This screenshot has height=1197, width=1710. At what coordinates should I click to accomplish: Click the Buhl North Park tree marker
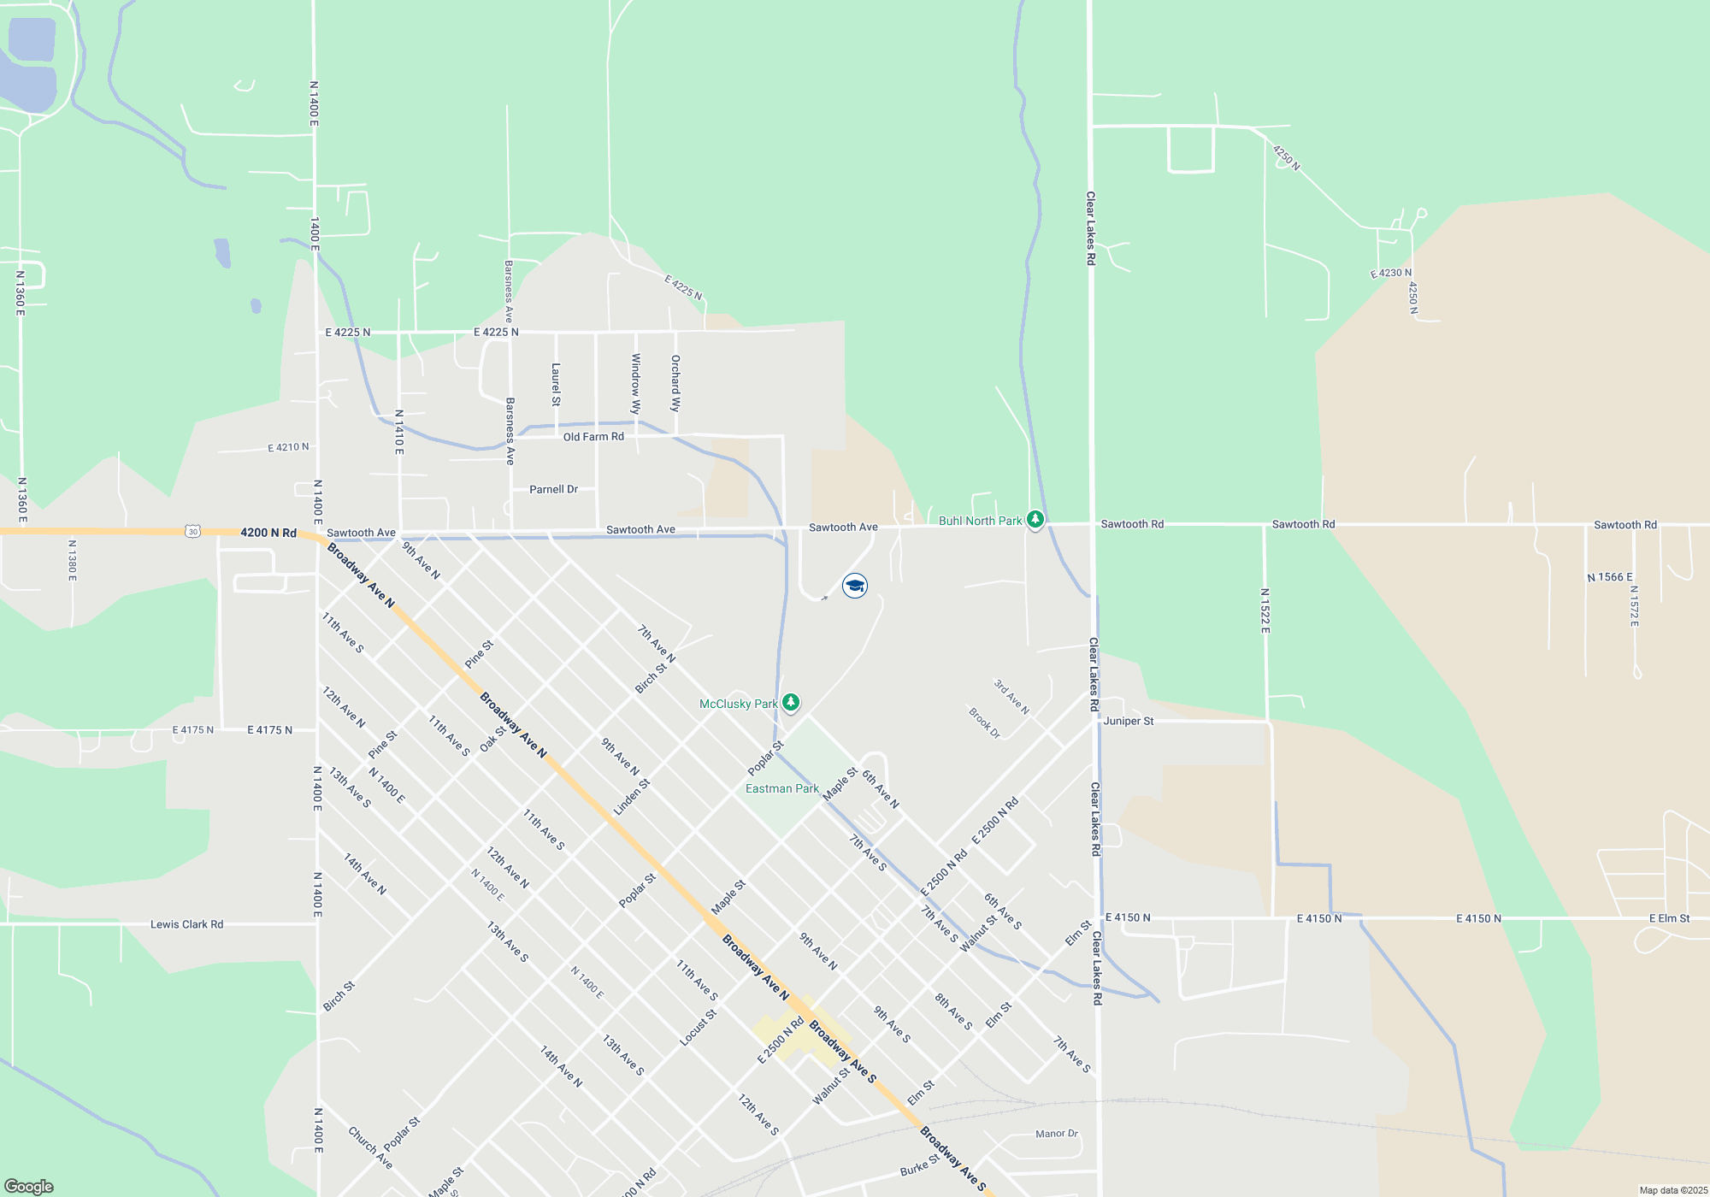pyautogui.click(x=1035, y=520)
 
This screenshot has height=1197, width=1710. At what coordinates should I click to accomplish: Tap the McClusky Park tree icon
pyautogui.click(x=791, y=703)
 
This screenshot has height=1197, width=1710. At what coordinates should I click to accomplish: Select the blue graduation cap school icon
pyautogui.click(x=855, y=586)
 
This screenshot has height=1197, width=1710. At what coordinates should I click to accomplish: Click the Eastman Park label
pyautogui.click(x=781, y=788)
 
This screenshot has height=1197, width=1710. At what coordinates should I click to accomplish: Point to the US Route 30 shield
pyautogui.click(x=192, y=532)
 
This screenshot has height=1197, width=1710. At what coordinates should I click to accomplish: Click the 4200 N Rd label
pyautogui.click(x=268, y=533)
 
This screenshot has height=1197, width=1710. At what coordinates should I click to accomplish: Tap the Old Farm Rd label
pyautogui.click(x=593, y=437)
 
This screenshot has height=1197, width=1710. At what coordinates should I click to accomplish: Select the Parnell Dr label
pyautogui.click(x=553, y=489)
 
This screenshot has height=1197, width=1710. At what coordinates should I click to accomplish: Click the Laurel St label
pyautogui.click(x=556, y=385)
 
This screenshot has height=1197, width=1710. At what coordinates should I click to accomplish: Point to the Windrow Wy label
pyautogui.click(x=635, y=384)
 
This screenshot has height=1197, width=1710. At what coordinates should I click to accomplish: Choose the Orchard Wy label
pyautogui.click(x=675, y=383)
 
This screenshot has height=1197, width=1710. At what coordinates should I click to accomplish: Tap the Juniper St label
pyautogui.click(x=1128, y=722)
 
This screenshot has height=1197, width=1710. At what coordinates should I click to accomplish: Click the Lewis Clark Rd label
pyautogui.click(x=186, y=924)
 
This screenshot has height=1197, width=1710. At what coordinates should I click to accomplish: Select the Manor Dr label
pyautogui.click(x=1056, y=1134)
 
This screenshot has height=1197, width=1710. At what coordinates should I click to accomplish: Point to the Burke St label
pyautogui.click(x=919, y=1165)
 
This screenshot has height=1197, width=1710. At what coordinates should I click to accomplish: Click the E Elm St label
pyautogui.click(x=1669, y=918)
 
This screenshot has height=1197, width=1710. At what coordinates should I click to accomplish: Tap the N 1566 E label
pyautogui.click(x=1610, y=577)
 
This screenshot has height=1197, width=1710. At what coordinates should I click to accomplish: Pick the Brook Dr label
pyautogui.click(x=984, y=723)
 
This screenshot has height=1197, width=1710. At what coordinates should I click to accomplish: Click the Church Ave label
pyautogui.click(x=370, y=1147)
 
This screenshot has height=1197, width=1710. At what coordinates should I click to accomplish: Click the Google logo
pyautogui.click(x=29, y=1187)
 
